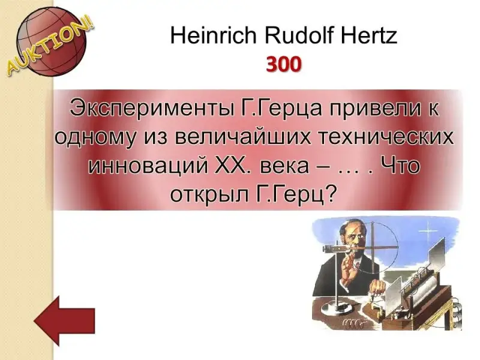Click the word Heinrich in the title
(214, 35)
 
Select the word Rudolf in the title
(298, 35)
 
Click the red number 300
(284, 65)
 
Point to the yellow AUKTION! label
(50, 47)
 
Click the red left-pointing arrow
(64, 320)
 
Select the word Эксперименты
(152, 108)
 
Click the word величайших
(244, 137)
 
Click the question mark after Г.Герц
(329, 193)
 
